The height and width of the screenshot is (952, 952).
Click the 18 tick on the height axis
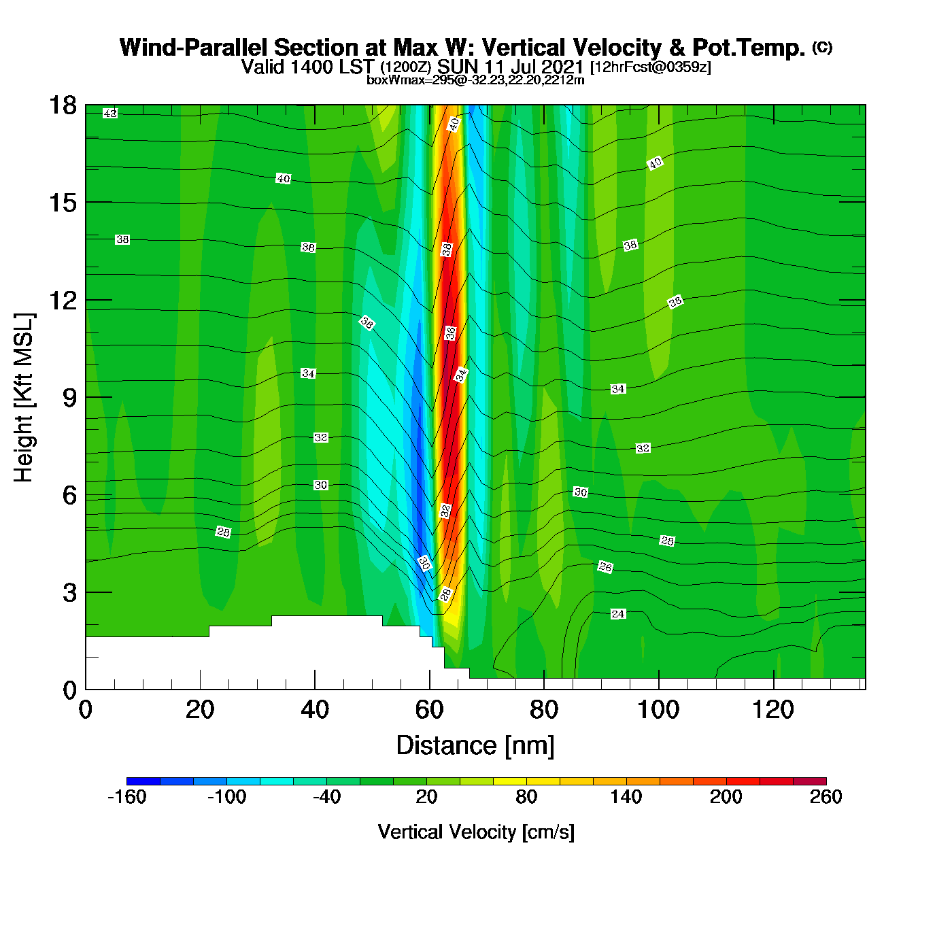pyautogui.click(x=62, y=106)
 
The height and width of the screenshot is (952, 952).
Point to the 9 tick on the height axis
pyautogui.click(x=69, y=398)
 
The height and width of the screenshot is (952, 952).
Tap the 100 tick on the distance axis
pyautogui.click(x=658, y=710)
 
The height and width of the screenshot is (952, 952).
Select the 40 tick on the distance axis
pyautogui.click(x=314, y=710)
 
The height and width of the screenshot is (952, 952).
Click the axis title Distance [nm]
pyautogui.click(x=475, y=745)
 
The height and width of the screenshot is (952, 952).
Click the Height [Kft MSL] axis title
pyautogui.click(x=24, y=398)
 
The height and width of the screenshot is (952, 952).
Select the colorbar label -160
pyautogui.click(x=126, y=797)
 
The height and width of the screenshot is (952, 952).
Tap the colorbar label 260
pyautogui.click(x=826, y=797)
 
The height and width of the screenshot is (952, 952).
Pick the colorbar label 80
pyautogui.click(x=526, y=797)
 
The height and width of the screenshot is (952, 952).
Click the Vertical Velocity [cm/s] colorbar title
pyautogui.click(x=476, y=832)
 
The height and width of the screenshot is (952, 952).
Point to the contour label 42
pyautogui.click(x=110, y=114)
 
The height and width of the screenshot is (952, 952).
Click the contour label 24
pyautogui.click(x=617, y=614)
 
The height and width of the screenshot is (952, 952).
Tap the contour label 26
pyautogui.click(x=605, y=567)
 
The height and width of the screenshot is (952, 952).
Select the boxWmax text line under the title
pyautogui.click(x=475, y=80)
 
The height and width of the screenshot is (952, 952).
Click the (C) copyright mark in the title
pyautogui.click(x=822, y=47)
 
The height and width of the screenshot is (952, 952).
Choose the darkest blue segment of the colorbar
pyautogui.click(x=143, y=781)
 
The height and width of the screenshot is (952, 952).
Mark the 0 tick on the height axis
pyautogui.click(x=69, y=690)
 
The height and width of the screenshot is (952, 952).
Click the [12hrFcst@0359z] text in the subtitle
pyautogui.click(x=651, y=67)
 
